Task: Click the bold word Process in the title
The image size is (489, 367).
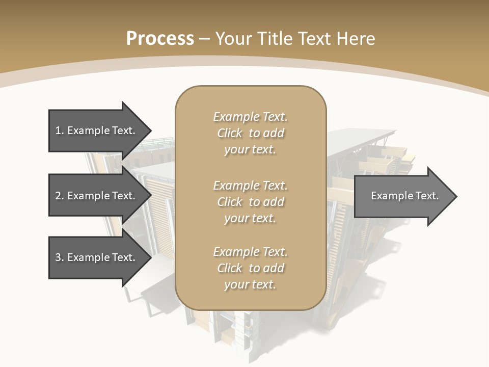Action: coord(160,39)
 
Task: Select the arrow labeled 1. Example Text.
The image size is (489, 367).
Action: coord(97,130)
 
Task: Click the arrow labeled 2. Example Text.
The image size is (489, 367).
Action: coord(97,196)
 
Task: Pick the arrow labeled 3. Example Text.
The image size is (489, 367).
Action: coord(97,257)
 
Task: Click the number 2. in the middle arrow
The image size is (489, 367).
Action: coord(59,196)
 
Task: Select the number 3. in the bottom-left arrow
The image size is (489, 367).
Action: coord(59,257)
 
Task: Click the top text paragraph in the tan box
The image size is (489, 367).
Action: coord(250,133)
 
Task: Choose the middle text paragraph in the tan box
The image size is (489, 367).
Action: coord(250,202)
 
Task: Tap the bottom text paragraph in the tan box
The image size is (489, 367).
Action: coord(250,268)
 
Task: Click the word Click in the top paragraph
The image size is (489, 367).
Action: coord(230,133)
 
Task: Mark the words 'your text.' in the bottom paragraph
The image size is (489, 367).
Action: coord(250,284)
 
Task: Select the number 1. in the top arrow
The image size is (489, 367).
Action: coord(59,130)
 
